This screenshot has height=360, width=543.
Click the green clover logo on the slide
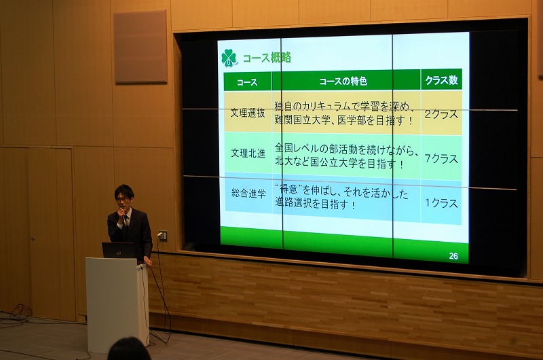click(x=229, y=58)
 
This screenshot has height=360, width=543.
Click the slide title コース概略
click(x=267, y=58)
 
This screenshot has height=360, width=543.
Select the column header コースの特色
click(x=343, y=82)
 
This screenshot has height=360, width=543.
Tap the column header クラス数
click(x=442, y=80)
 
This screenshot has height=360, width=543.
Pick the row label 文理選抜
click(x=248, y=113)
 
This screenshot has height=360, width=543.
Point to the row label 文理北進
click(x=248, y=153)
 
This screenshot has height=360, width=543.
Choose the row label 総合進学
click(x=248, y=193)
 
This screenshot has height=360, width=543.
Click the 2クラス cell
click(x=441, y=114)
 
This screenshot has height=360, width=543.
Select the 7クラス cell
click(x=441, y=158)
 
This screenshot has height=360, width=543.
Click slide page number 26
click(x=453, y=256)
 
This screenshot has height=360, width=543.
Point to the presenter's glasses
click(x=122, y=199)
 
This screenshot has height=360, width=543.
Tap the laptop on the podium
click(x=118, y=250)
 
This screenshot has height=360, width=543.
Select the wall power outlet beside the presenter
click(x=163, y=236)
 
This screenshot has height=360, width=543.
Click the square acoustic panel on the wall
click(x=141, y=47)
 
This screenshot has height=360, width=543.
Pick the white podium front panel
click(x=112, y=305)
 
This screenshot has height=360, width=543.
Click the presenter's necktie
click(x=127, y=221)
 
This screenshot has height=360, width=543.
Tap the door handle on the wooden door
click(x=33, y=238)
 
